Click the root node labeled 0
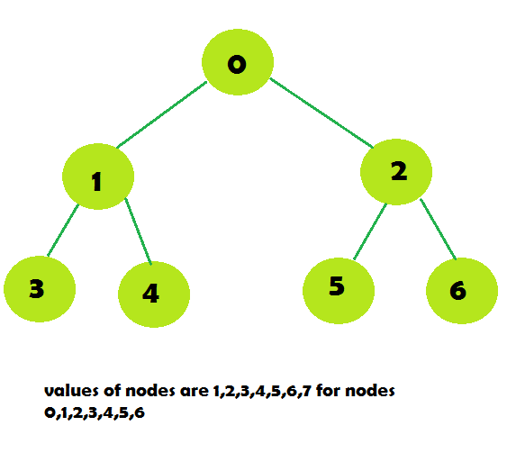point(238,62)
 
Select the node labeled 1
point(98,177)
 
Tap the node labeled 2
point(396,172)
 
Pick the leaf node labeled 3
point(40,289)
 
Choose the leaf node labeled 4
point(154,294)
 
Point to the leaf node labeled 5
point(339,291)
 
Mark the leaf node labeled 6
point(462,291)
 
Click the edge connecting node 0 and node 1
point(161,114)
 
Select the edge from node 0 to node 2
point(321,113)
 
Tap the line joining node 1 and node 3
point(63,231)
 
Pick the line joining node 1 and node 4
point(138,231)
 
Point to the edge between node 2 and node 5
point(370,231)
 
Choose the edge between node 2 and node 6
point(439,230)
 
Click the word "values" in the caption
point(71,391)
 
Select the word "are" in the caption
point(195,392)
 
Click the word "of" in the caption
point(113,390)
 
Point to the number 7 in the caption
point(307,391)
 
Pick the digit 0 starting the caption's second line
point(50,412)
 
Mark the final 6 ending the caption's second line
point(140,412)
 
